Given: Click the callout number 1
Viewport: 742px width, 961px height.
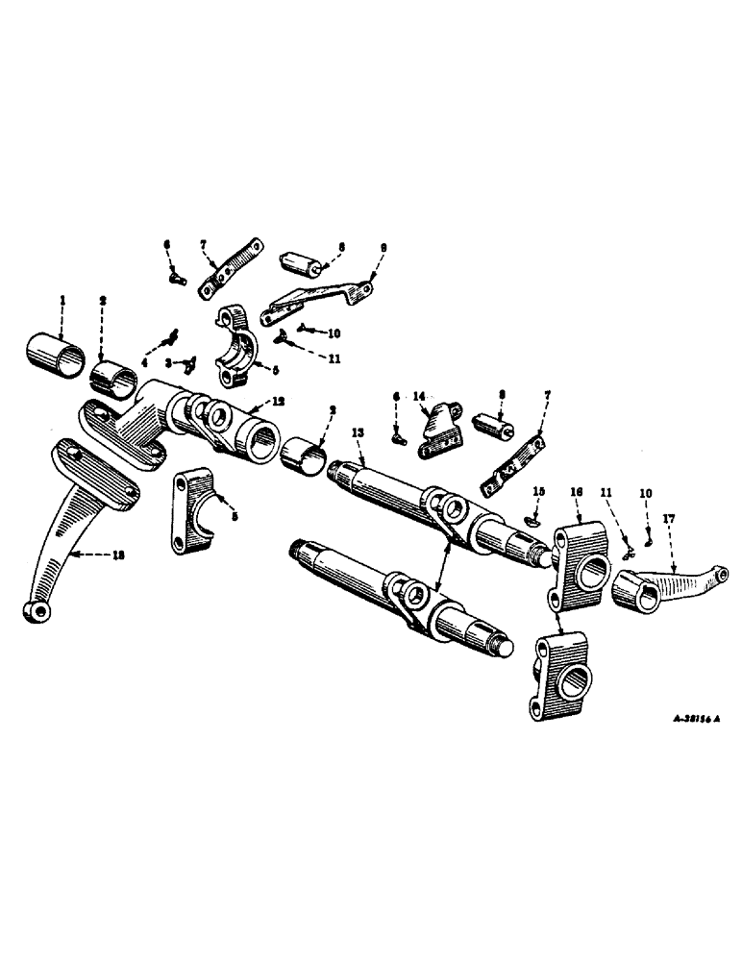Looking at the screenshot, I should tap(62, 302).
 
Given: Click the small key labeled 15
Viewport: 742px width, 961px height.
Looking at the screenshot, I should tap(534, 520).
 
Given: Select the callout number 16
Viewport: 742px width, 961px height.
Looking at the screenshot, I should tap(576, 491).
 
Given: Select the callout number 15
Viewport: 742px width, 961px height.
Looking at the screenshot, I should tap(538, 492).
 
